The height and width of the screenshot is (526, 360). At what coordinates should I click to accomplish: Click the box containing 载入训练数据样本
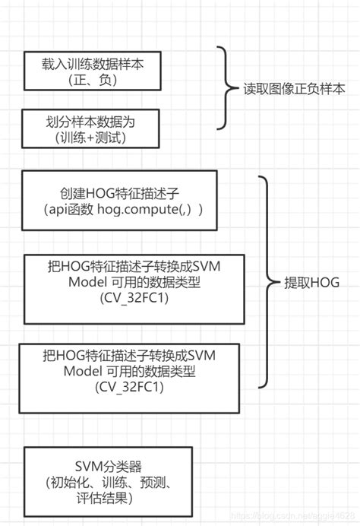[x=94, y=72]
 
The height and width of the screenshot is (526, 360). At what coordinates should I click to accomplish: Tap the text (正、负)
[x=93, y=80]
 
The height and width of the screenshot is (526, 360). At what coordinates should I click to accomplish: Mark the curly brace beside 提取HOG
[x=265, y=281]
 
